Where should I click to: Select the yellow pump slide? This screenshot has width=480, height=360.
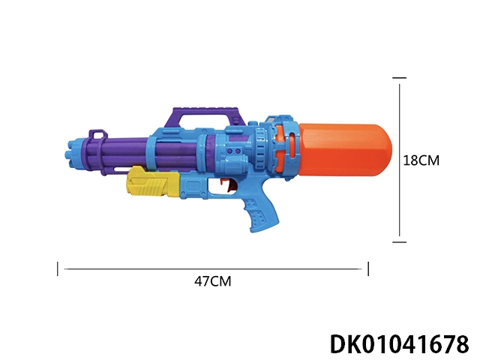153,182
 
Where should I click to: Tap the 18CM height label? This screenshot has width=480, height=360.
421,160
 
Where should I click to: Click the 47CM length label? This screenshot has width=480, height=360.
213,281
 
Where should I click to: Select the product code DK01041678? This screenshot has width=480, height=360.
400,344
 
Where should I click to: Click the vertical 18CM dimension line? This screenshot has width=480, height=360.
400,160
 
